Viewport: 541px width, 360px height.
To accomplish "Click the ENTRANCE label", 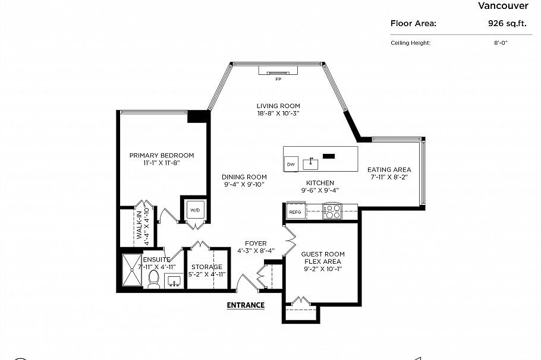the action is pos(246,305).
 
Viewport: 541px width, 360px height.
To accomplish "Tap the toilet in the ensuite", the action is pos(153,279).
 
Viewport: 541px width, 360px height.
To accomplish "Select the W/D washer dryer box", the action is pos(195,210).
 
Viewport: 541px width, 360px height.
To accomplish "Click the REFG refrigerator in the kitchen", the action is pos(295,211).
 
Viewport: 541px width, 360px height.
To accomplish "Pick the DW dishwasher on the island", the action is pos(291,164).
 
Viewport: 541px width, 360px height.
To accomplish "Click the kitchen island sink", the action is pos(310,164).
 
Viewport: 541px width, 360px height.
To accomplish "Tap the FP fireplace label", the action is pos(278,80).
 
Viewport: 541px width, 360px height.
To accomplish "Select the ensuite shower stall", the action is pos(132,270).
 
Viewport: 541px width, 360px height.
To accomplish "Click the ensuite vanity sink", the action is pos(174,280).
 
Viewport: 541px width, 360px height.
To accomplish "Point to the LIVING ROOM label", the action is pos(278,106).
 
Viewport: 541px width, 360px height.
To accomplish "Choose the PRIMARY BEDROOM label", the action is pos(162,155).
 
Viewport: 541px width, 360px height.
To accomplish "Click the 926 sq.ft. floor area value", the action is pos(507,23).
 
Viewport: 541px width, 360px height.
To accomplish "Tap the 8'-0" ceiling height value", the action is pos(501,43).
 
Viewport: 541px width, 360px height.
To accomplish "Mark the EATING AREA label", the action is pos(389,169).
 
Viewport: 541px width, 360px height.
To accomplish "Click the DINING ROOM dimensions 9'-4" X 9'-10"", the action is pos(244,185).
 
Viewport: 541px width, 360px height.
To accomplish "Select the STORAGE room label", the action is pos(207,267).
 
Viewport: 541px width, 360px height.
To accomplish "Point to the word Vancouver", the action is pos(503,5).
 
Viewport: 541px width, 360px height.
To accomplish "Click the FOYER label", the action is pos(256,244).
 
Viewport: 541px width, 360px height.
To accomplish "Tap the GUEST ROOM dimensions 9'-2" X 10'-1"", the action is pos(323,269).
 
